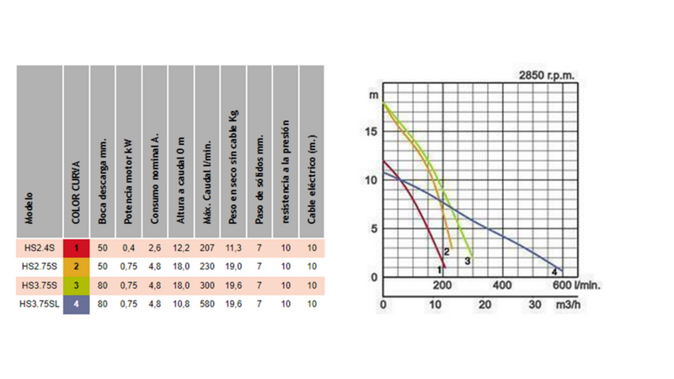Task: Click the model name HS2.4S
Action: coord(40,248)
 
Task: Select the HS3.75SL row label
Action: coord(40,304)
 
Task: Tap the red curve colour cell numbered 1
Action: coord(77,248)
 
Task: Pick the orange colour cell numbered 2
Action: coord(77,266)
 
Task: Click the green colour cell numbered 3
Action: coord(77,286)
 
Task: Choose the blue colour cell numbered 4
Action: coord(77,304)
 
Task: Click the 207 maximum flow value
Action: coord(207,248)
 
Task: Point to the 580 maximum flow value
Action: coord(207,304)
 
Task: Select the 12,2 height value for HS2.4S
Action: coord(181,248)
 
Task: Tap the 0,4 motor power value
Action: coord(129,248)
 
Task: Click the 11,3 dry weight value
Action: coord(233,248)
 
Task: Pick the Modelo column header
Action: coord(29,208)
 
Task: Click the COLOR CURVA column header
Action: coord(76,193)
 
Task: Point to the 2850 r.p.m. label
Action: coord(547,75)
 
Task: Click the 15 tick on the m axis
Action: coord(371,131)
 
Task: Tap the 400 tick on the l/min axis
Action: coord(502,286)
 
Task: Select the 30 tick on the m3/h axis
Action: coord(535,305)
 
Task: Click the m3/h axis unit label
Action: coord(568,305)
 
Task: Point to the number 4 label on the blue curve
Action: coord(554,271)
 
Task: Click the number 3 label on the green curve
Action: coord(468,261)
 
